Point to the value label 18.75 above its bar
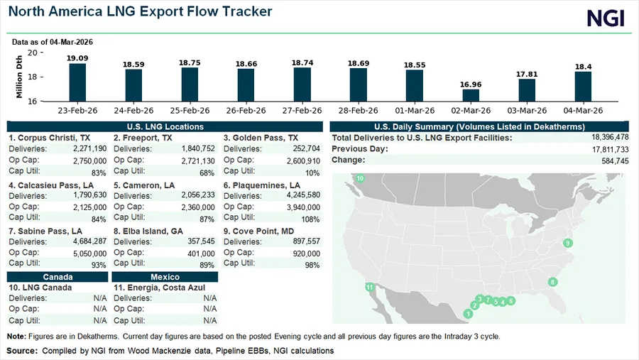coord(190,62)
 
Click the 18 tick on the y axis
coord(33,77)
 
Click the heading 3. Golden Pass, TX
coord(261,138)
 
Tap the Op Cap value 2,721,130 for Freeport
coord(195,160)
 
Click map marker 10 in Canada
coord(360,178)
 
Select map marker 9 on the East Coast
coord(567,244)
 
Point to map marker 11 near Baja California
coord(369,287)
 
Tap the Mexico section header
coord(165,276)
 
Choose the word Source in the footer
coord(22,351)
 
